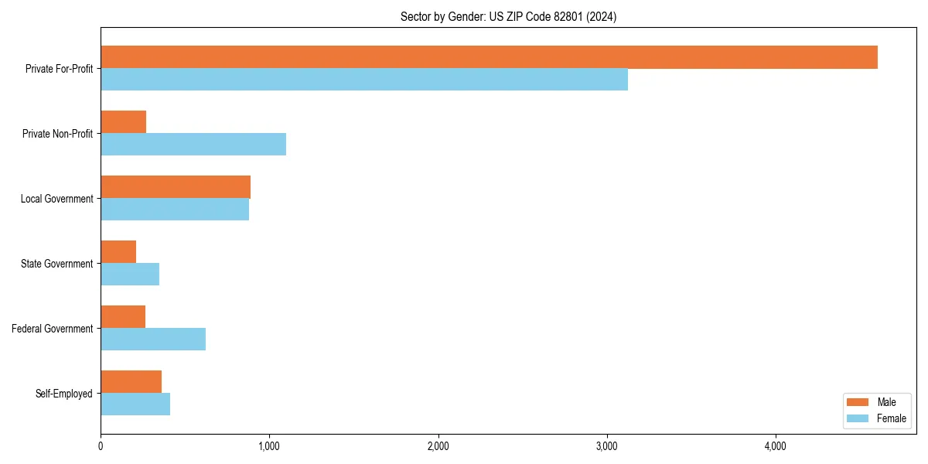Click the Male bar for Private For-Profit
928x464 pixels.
[489, 57]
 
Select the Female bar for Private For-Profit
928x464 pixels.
[364, 80]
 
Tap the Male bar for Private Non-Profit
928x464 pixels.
[124, 122]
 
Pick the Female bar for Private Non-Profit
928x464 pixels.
[193, 145]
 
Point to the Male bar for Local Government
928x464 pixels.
[176, 187]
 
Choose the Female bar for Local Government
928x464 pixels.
[175, 210]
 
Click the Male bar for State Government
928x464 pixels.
[118, 252]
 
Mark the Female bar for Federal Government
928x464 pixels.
[153, 339]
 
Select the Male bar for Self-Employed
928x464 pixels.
[131, 382]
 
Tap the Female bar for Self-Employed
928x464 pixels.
[135, 404]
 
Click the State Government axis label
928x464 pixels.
[57, 264]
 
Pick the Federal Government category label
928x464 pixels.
[53, 329]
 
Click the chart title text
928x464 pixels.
[508, 16]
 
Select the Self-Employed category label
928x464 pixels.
[64, 394]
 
